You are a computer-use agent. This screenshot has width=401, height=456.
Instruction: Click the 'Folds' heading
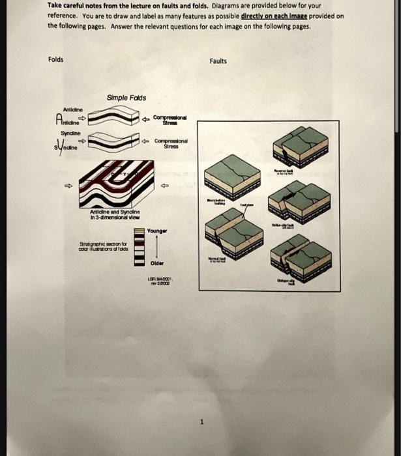click(56, 59)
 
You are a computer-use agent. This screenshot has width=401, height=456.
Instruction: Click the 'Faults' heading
click(218, 61)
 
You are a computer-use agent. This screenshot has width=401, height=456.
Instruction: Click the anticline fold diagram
click(113, 119)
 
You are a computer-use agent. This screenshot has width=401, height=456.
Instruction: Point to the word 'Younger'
click(158, 231)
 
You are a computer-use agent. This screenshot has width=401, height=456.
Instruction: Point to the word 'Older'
click(157, 264)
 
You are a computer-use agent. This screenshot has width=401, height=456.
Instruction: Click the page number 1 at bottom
click(202, 421)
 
